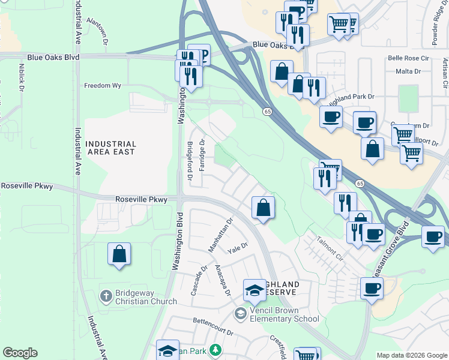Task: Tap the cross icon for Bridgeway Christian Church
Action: pyautogui.click(x=106, y=296)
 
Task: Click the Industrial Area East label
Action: pyautogui.click(x=110, y=148)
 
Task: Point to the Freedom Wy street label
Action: pyautogui.click(x=102, y=86)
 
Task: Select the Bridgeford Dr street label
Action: pyautogui.click(x=190, y=161)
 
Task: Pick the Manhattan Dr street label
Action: pyautogui.click(x=220, y=235)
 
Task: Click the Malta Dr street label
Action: pyautogui.click(x=408, y=71)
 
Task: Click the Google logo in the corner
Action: pyautogui.click(x=20, y=353)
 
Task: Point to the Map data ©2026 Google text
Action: pyautogui.click(x=412, y=355)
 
